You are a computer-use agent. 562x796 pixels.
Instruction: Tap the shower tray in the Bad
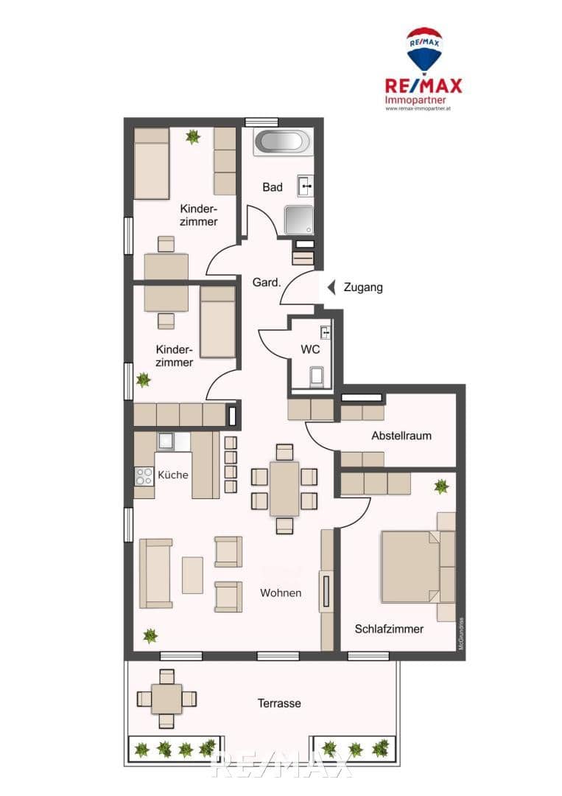pyautogui.click(x=298, y=219)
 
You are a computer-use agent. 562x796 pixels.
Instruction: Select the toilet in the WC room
pyautogui.click(x=316, y=376)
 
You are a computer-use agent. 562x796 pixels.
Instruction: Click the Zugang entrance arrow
pyautogui.click(x=331, y=287)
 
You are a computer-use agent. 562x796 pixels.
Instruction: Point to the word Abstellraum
pyautogui.click(x=401, y=436)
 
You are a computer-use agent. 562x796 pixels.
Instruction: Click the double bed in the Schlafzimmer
pyautogui.click(x=409, y=568)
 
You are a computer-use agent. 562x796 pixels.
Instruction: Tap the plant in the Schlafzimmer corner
pyautogui.click(x=441, y=486)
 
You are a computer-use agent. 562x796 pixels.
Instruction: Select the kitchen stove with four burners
pyautogui.click(x=144, y=476)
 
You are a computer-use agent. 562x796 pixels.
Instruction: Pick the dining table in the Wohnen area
pyautogui.click(x=284, y=489)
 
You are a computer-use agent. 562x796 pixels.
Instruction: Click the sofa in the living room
pyautogui.click(x=155, y=573)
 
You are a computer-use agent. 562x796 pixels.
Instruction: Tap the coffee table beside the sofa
pyautogui.click(x=192, y=575)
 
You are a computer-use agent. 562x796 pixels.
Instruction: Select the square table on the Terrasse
pyautogui.click(x=167, y=698)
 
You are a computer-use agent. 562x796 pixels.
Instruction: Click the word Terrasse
pyautogui.click(x=279, y=703)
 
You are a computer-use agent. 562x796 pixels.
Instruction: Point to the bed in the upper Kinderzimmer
pyautogui.click(x=152, y=163)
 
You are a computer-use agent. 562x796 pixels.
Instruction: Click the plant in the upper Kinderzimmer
pyautogui.click(x=193, y=136)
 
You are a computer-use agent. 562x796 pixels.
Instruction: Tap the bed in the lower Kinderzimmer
pyautogui.click(x=217, y=322)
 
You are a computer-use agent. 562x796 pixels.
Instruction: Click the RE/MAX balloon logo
pyautogui.click(x=424, y=50)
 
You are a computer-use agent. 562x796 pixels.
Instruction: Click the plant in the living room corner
pyautogui.click(x=150, y=635)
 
